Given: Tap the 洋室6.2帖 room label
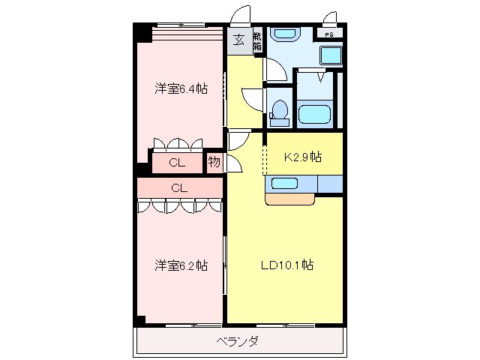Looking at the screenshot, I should coord(181,265).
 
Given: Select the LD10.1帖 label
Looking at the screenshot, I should coord(286,265).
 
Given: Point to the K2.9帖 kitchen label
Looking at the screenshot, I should coord(302,157).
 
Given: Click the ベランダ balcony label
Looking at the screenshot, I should coord(238,342).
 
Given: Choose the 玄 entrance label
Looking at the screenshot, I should coord(238,40).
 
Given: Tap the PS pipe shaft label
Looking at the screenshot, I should coord(329,34).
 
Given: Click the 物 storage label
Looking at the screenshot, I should coord(214,162).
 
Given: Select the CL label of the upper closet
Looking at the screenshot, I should coord(176,162).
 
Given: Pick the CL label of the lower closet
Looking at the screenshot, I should coord(178,187).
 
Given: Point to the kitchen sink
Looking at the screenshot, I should coord(284,183).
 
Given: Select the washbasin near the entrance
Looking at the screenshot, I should coord(283,34).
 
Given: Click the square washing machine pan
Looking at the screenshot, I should coord(330,55).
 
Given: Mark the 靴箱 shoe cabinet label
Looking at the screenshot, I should coord(256,40).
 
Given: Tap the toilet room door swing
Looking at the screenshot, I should coord(252,97).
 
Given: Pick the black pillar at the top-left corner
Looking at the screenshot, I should coord(142,33).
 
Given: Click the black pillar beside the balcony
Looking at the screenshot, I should coord(140,320).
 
